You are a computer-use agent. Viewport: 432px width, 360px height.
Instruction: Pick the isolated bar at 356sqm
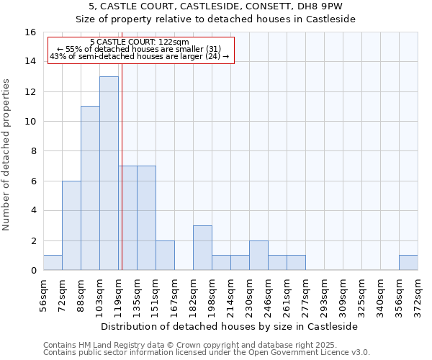pyautogui.click(x=408, y=263)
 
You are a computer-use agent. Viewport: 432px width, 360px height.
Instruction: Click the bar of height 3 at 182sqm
pyautogui.click(x=202, y=248)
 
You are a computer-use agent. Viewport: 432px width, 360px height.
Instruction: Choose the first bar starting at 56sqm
pyautogui.click(x=53, y=263)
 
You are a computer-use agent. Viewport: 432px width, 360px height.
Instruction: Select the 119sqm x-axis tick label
pyautogui.click(x=118, y=296)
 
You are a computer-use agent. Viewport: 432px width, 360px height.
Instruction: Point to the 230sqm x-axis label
pyautogui.click(x=249, y=296)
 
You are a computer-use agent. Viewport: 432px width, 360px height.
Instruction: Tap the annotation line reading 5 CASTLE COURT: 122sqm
pyautogui.click(x=141, y=42)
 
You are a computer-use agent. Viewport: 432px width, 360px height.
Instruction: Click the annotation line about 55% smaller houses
pyautogui.click(x=141, y=49)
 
